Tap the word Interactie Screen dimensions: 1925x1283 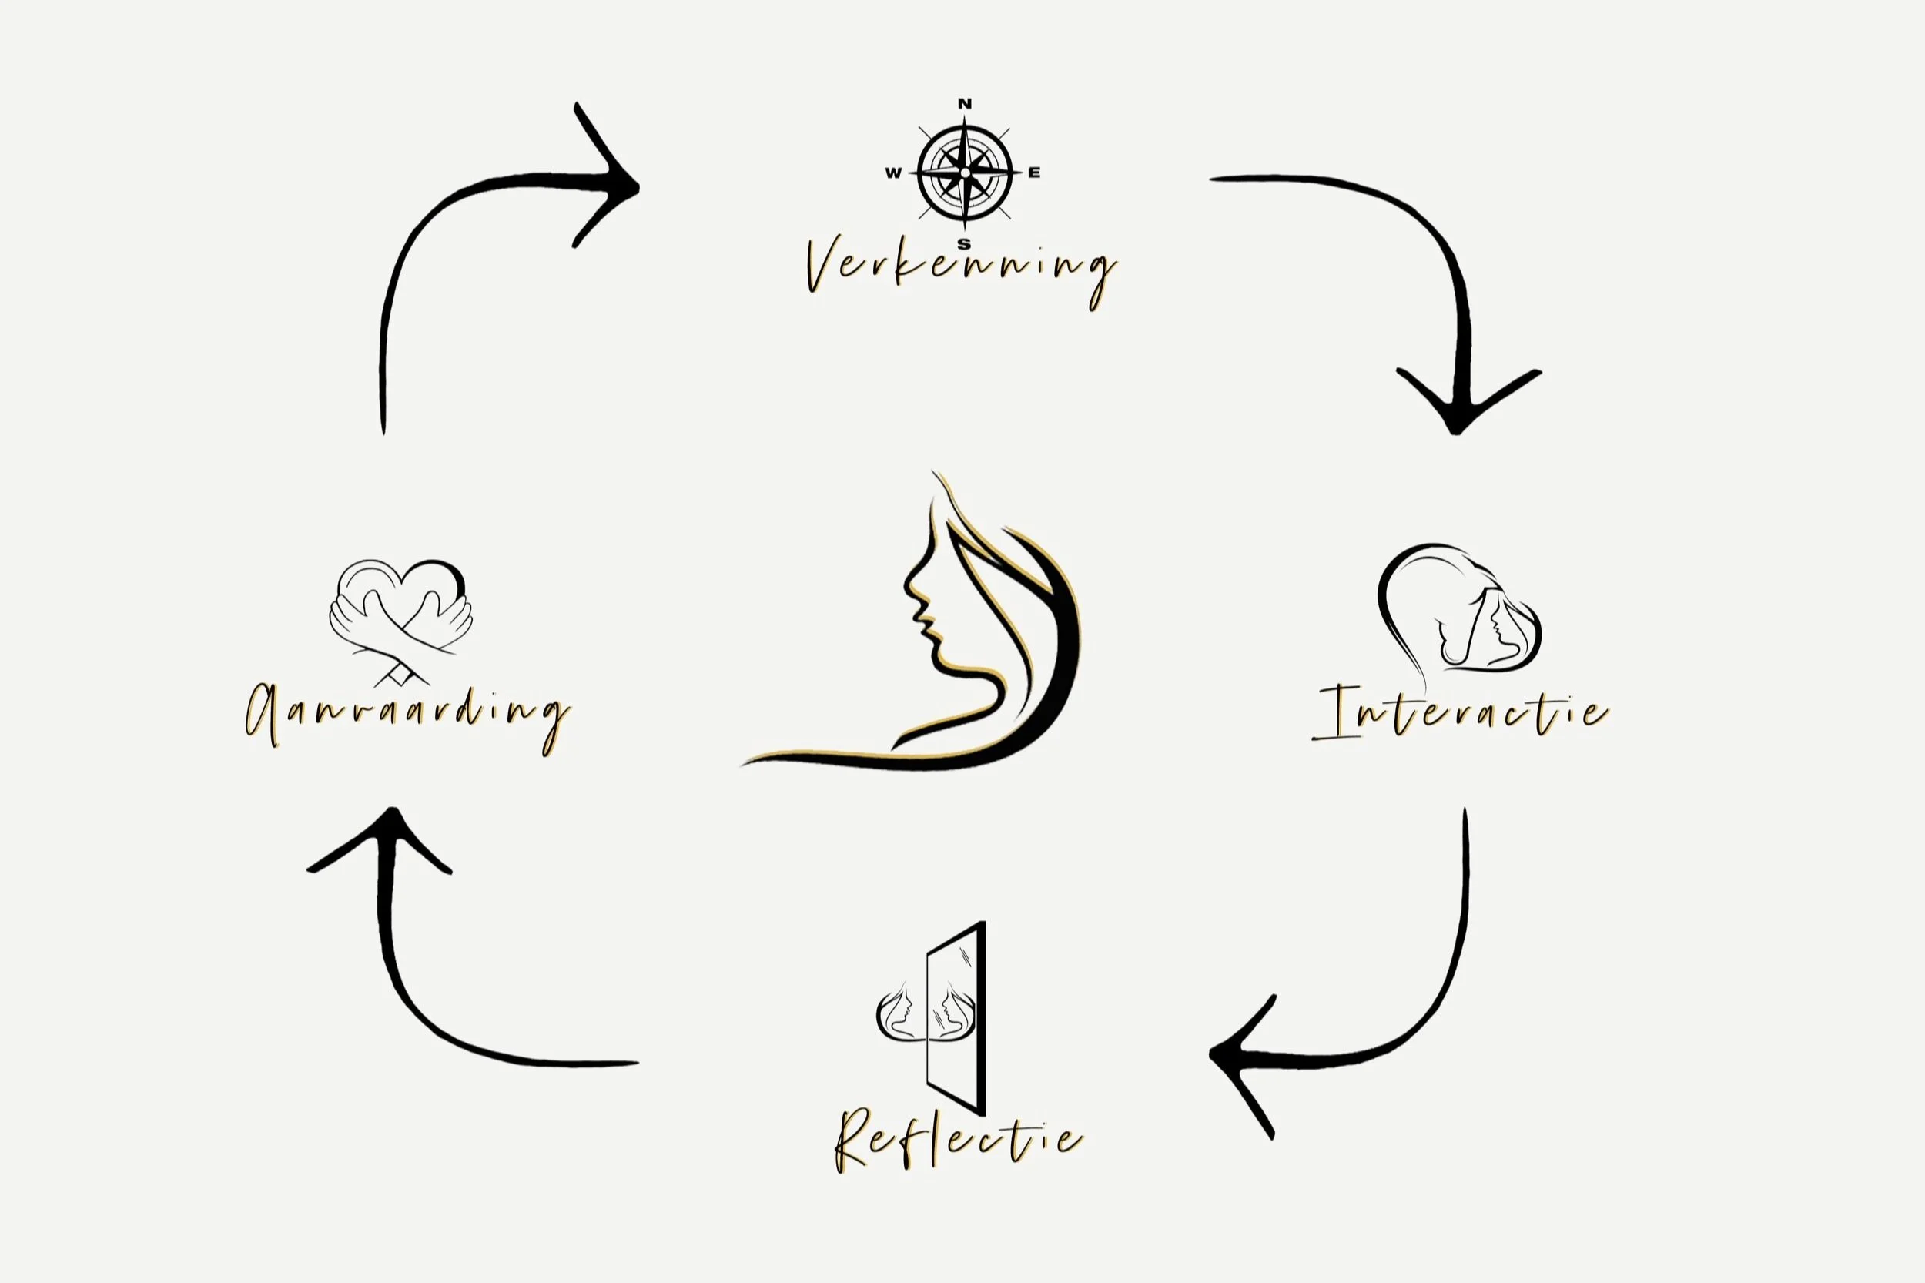[1461, 712]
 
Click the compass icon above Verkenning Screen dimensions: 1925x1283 [965, 173]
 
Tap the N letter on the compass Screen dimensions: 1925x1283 [965, 104]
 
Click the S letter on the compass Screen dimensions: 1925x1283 [965, 243]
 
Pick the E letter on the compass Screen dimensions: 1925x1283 [1034, 173]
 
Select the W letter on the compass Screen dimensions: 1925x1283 [893, 173]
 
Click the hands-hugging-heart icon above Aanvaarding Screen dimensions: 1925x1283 [401, 618]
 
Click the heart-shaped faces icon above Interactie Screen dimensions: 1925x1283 [1461, 610]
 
